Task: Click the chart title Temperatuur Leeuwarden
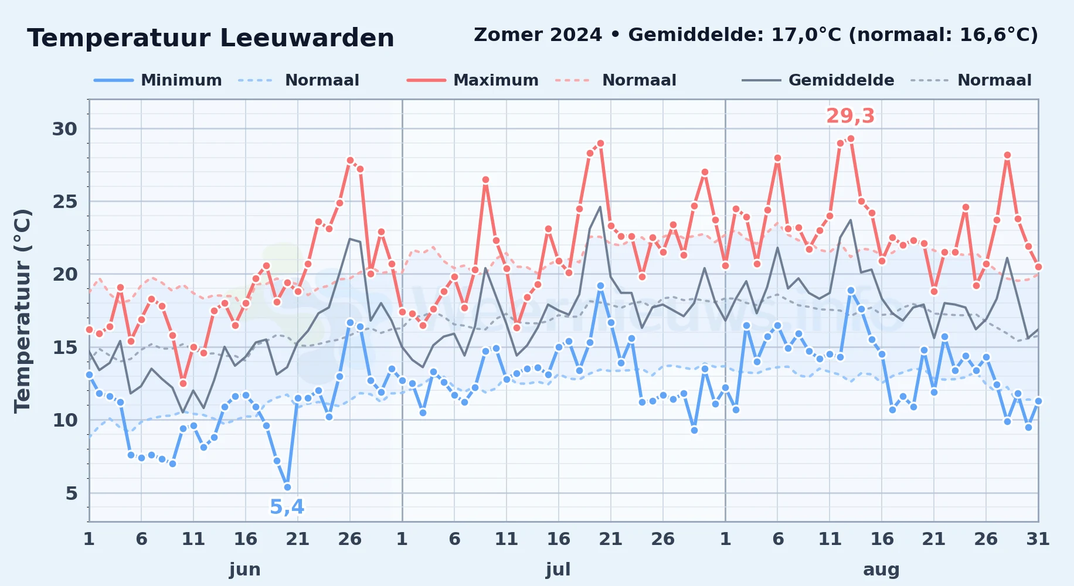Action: point(210,39)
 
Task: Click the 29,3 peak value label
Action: point(850,116)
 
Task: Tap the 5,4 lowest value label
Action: point(287,507)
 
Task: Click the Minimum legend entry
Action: point(158,80)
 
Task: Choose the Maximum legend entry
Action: point(473,80)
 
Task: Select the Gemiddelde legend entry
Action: point(818,80)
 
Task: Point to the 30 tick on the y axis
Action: point(64,129)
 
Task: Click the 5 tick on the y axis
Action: point(72,493)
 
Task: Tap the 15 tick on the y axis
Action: point(64,347)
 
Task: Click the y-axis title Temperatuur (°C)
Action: point(22,311)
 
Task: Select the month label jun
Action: point(245,569)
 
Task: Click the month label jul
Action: point(558,569)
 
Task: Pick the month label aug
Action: point(881,569)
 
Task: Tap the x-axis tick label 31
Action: point(1038,539)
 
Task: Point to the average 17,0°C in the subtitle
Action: point(806,35)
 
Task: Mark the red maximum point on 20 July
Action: point(600,143)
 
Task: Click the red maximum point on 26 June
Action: point(350,160)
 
